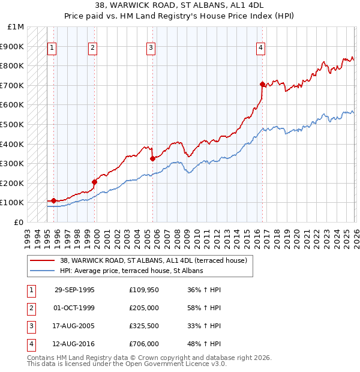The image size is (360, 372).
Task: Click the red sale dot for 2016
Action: pyautogui.click(x=262, y=84)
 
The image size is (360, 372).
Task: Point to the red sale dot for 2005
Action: pyautogui.click(x=152, y=158)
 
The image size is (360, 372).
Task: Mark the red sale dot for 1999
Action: pyautogui.click(x=94, y=182)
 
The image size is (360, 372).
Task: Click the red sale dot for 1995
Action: pyautogui.click(x=54, y=200)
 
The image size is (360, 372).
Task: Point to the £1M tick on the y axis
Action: pyautogui.click(x=16, y=27)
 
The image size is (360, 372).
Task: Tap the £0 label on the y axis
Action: pyautogui.click(x=19, y=222)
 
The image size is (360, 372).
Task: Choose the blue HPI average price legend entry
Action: pyautogui.click(x=131, y=271)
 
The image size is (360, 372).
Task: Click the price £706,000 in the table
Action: pyautogui.click(x=143, y=344)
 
